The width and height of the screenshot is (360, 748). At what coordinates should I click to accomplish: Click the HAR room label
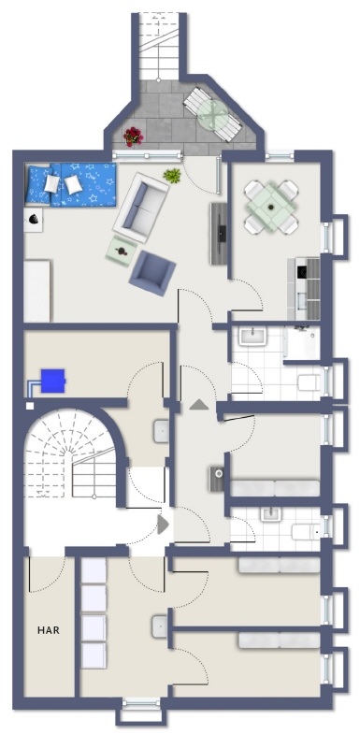[49, 630]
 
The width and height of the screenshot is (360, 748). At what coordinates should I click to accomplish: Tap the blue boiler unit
[53, 381]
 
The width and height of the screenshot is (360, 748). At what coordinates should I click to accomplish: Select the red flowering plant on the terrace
[133, 137]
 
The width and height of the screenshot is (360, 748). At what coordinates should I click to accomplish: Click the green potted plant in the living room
[172, 176]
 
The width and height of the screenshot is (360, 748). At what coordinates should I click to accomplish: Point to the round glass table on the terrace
[212, 114]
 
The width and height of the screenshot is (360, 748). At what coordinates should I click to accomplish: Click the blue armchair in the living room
[152, 274]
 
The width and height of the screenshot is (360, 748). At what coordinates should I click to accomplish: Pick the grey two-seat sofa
[141, 208]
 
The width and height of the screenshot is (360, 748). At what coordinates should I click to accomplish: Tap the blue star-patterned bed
[71, 184]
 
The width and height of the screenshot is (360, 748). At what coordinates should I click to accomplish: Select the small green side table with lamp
[122, 251]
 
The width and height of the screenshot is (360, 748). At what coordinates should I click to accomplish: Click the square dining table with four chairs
[271, 207]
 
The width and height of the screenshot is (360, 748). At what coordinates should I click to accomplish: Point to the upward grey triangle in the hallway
[199, 405]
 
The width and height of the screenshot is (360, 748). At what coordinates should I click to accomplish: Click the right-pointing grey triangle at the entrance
[163, 525]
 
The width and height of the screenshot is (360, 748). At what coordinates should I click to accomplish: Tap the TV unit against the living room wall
[219, 233]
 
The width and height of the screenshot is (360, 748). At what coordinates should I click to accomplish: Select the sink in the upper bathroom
[252, 337]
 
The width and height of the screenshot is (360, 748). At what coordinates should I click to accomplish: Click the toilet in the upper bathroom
[310, 382]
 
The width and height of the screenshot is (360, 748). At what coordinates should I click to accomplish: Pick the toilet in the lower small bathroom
[306, 531]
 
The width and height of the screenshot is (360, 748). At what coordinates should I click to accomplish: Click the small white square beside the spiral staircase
[30, 406]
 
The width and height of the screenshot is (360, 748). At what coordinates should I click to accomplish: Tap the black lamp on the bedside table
[34, 219]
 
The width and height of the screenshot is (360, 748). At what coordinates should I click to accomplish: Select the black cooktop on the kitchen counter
[302, 272]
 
